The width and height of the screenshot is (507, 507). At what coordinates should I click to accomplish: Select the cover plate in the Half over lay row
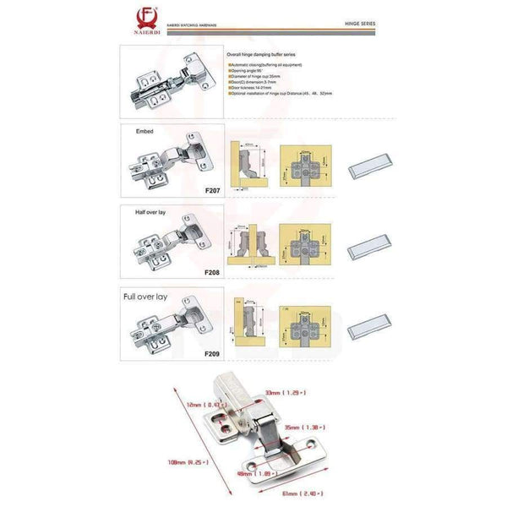tap(368, 249)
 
